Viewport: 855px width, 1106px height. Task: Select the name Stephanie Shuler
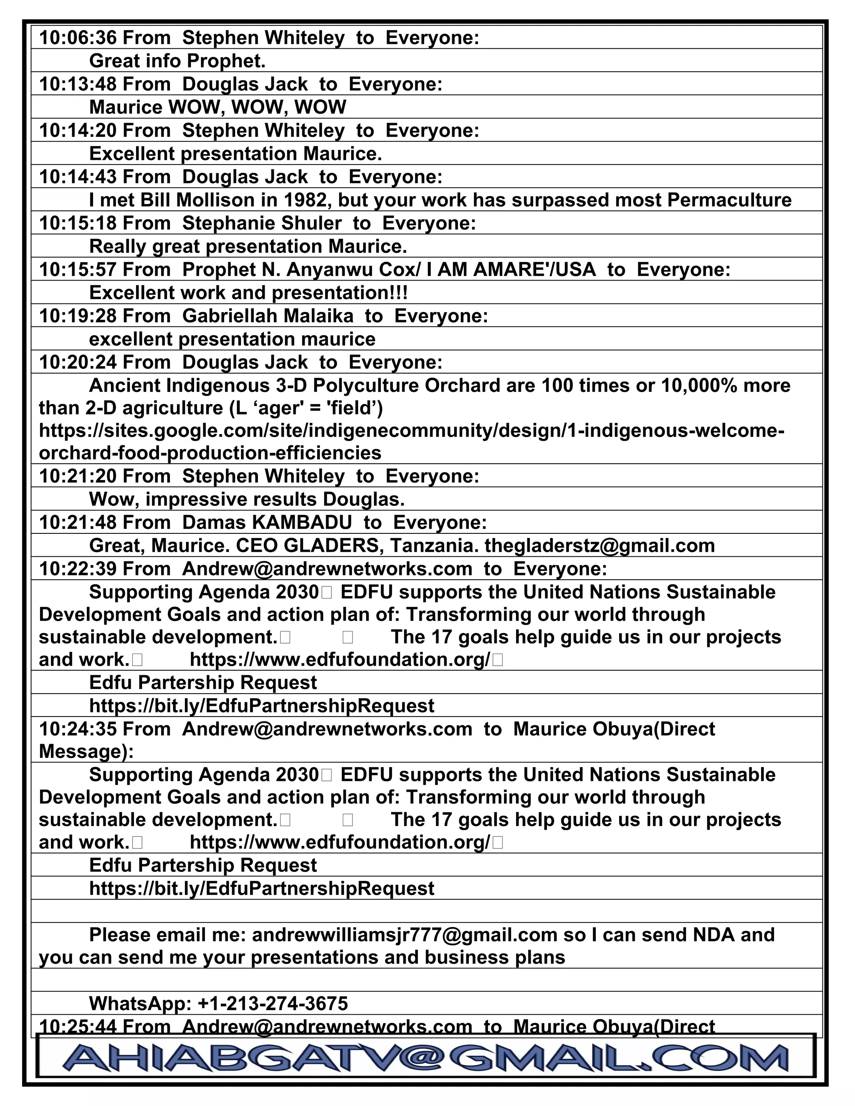(261, 223)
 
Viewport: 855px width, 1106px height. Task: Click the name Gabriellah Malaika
(268, 316)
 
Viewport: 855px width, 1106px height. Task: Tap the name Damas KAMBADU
(266, 523)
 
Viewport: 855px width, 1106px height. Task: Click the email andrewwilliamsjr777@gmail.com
(404, 935)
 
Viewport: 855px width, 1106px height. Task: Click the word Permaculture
(729, 200)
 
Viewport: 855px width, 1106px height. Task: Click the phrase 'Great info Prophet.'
(177, 61)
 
